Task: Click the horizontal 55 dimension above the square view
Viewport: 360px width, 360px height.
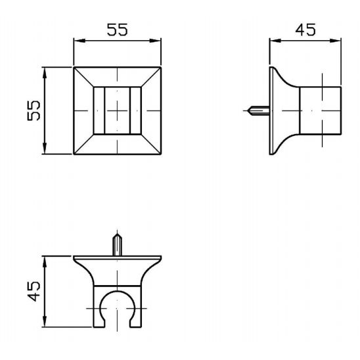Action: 117,30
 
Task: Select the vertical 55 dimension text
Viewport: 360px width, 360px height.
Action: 33,110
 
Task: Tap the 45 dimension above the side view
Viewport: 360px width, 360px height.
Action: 304,30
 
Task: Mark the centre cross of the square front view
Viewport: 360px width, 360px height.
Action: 117,110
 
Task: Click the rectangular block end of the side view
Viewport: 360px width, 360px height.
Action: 321,110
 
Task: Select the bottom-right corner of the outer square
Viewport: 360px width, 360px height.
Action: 161,154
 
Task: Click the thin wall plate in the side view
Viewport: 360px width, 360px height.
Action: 271,110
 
